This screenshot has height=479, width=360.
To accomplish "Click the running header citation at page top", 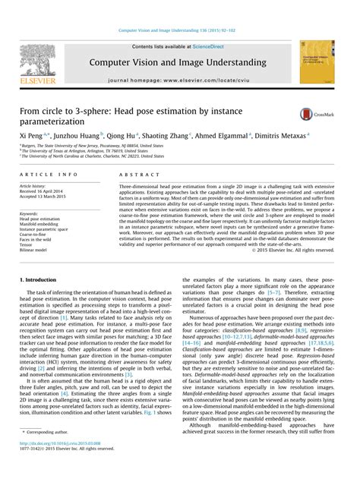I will tap(179, 31).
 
